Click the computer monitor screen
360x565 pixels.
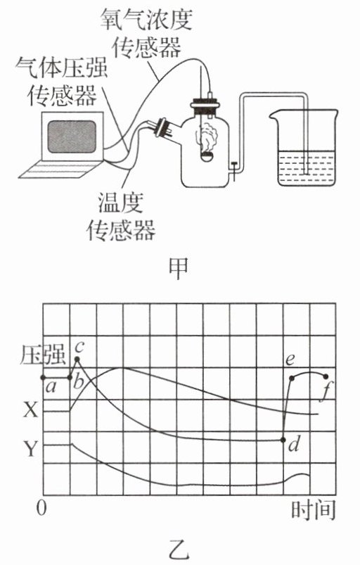point(72,137)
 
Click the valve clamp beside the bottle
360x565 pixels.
point(234,170)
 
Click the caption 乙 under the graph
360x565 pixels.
point(179,550)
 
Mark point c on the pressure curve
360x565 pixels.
point(77,359)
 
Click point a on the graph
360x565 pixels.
point(43,378)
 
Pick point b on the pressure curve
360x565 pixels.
point(70,378)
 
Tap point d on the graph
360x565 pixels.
point(283,440)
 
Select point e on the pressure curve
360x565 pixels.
point(292,378)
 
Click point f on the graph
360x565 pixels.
point(326,376)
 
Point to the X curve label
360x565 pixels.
point(30,410)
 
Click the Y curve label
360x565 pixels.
point(30,449)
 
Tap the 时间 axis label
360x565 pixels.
point(313,509)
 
